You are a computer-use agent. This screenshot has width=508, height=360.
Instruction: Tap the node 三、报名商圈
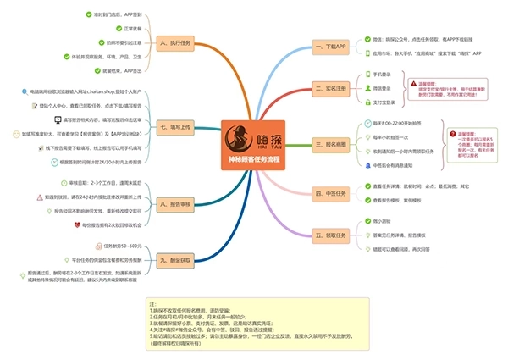tap(329, 144)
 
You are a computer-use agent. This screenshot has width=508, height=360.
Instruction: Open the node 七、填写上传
tap(174, 127)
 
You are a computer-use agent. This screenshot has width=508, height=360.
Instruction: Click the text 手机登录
tap(382, 75)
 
